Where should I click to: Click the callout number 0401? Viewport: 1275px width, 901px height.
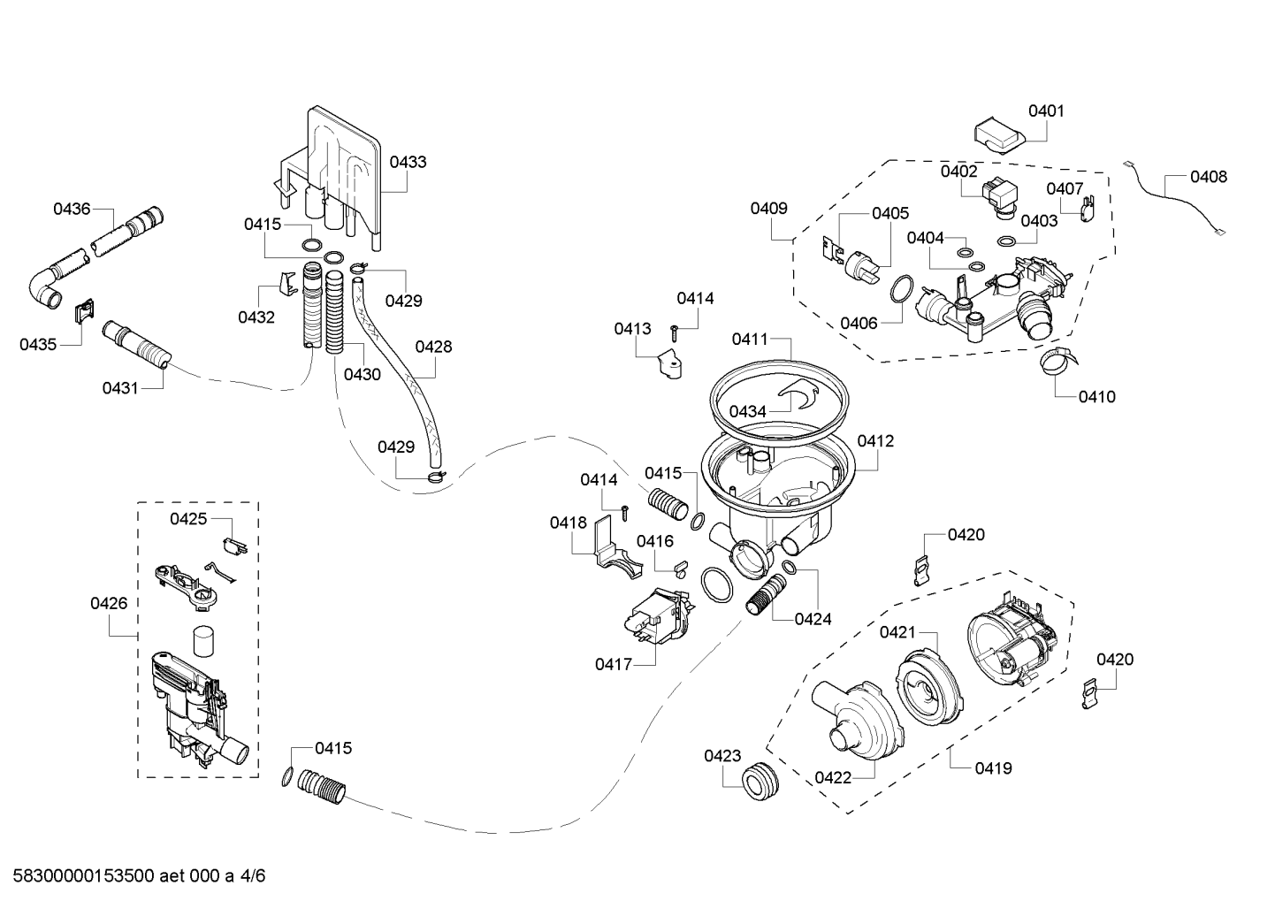(x=1046, y=111)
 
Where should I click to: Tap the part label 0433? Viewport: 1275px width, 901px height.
(x=408, y=162)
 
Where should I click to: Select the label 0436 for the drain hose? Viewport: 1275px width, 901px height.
(x=72, y=209)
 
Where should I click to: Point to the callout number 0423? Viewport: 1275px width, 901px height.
(x=722, y=756)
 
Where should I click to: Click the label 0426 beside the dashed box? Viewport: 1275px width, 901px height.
(x=109, y=603)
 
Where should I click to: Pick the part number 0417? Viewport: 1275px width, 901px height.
(x=614, y=664)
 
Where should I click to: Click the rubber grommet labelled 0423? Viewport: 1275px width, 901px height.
(x=760, y=779)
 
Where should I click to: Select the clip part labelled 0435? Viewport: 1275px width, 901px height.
(x=85, y=310)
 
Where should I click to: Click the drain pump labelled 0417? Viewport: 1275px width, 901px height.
(x=660, y=617)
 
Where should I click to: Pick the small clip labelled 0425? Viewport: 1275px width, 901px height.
(x=234, y=546)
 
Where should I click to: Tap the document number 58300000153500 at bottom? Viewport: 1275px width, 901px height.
(x=83, y=875)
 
